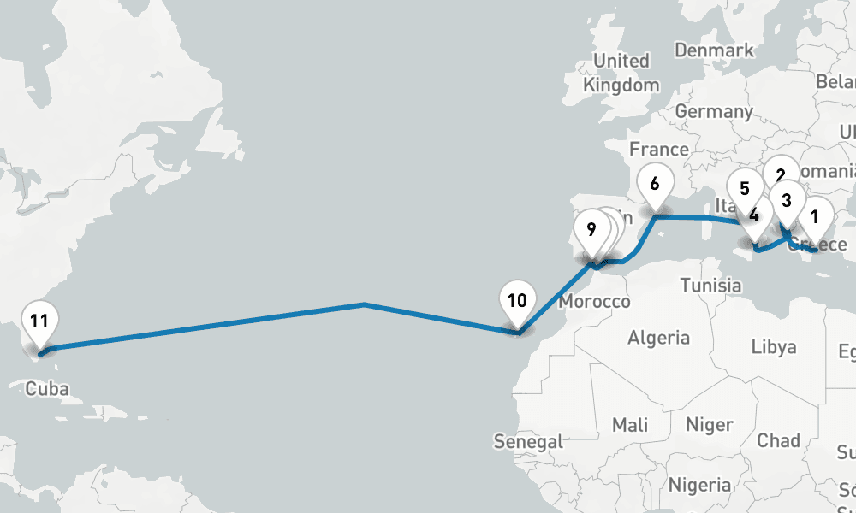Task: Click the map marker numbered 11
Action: (x=39, y=323)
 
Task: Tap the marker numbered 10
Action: (x=517, y=302)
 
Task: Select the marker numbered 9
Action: (x=591, y=231)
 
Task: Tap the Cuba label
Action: (x=47, y=389)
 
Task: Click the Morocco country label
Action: (x=594, y=302)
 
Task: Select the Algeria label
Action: (x=658, y=338)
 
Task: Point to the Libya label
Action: (x=774, y=347)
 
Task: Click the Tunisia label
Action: (x=710, y=285)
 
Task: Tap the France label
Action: (x=659, y=150)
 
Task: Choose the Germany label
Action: (x=714, y=112)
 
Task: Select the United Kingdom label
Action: (x=621, y=73)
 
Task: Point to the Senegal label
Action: (x=528, y=442)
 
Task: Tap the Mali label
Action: (x=630, y=425)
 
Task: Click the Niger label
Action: (x=710, y=425)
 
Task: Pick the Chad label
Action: (x=779, y=441)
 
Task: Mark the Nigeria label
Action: (x=700, y=486)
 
